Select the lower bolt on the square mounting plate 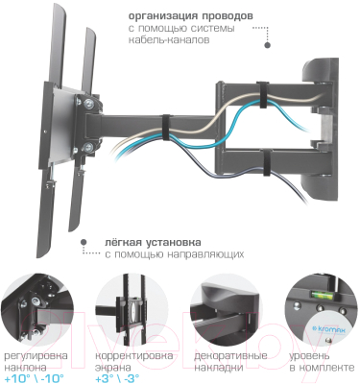point(87,147)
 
